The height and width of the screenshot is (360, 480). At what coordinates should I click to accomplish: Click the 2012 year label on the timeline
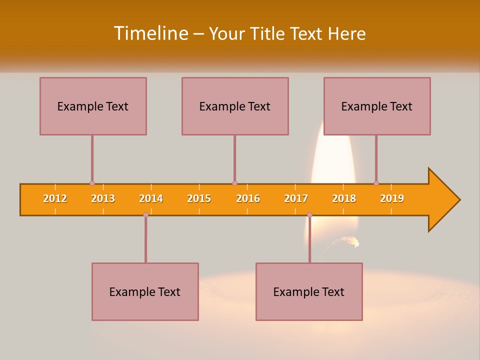[x=55, y=198]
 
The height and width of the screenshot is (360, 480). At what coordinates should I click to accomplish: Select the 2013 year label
[x=103, y=198]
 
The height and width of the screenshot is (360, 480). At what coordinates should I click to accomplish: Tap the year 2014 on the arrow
[x=151, y=198]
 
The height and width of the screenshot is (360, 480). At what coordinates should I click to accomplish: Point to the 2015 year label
[x=199, y=198]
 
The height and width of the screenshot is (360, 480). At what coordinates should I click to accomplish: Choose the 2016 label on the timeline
[x=248, y=198]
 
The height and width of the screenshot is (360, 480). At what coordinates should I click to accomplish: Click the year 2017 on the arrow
[x=296, y=198]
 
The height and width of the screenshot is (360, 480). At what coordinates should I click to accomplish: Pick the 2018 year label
[x=344, y=198]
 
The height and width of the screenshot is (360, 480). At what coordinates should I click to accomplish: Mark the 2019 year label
[x=392, y=198]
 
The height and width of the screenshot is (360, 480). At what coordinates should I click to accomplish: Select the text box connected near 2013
[x=93, y=106]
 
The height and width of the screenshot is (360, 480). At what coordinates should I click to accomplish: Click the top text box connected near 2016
[x=235, y=106]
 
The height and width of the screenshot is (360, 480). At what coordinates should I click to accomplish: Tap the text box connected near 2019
[x=377, y=106]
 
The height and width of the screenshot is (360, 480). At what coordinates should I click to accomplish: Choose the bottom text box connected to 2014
[x=145, y=291]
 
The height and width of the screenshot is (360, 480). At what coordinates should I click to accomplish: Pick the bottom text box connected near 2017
[x=309, y=291]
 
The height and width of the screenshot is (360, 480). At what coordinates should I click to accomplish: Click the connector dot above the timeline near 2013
[x=92, y=183]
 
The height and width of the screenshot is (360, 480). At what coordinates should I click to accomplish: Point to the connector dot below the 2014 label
[x=145, y=214]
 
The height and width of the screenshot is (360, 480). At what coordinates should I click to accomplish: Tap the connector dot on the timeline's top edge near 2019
[x=376, y=183]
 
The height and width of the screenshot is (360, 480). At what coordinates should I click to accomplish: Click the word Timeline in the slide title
[x=151, y=33]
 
